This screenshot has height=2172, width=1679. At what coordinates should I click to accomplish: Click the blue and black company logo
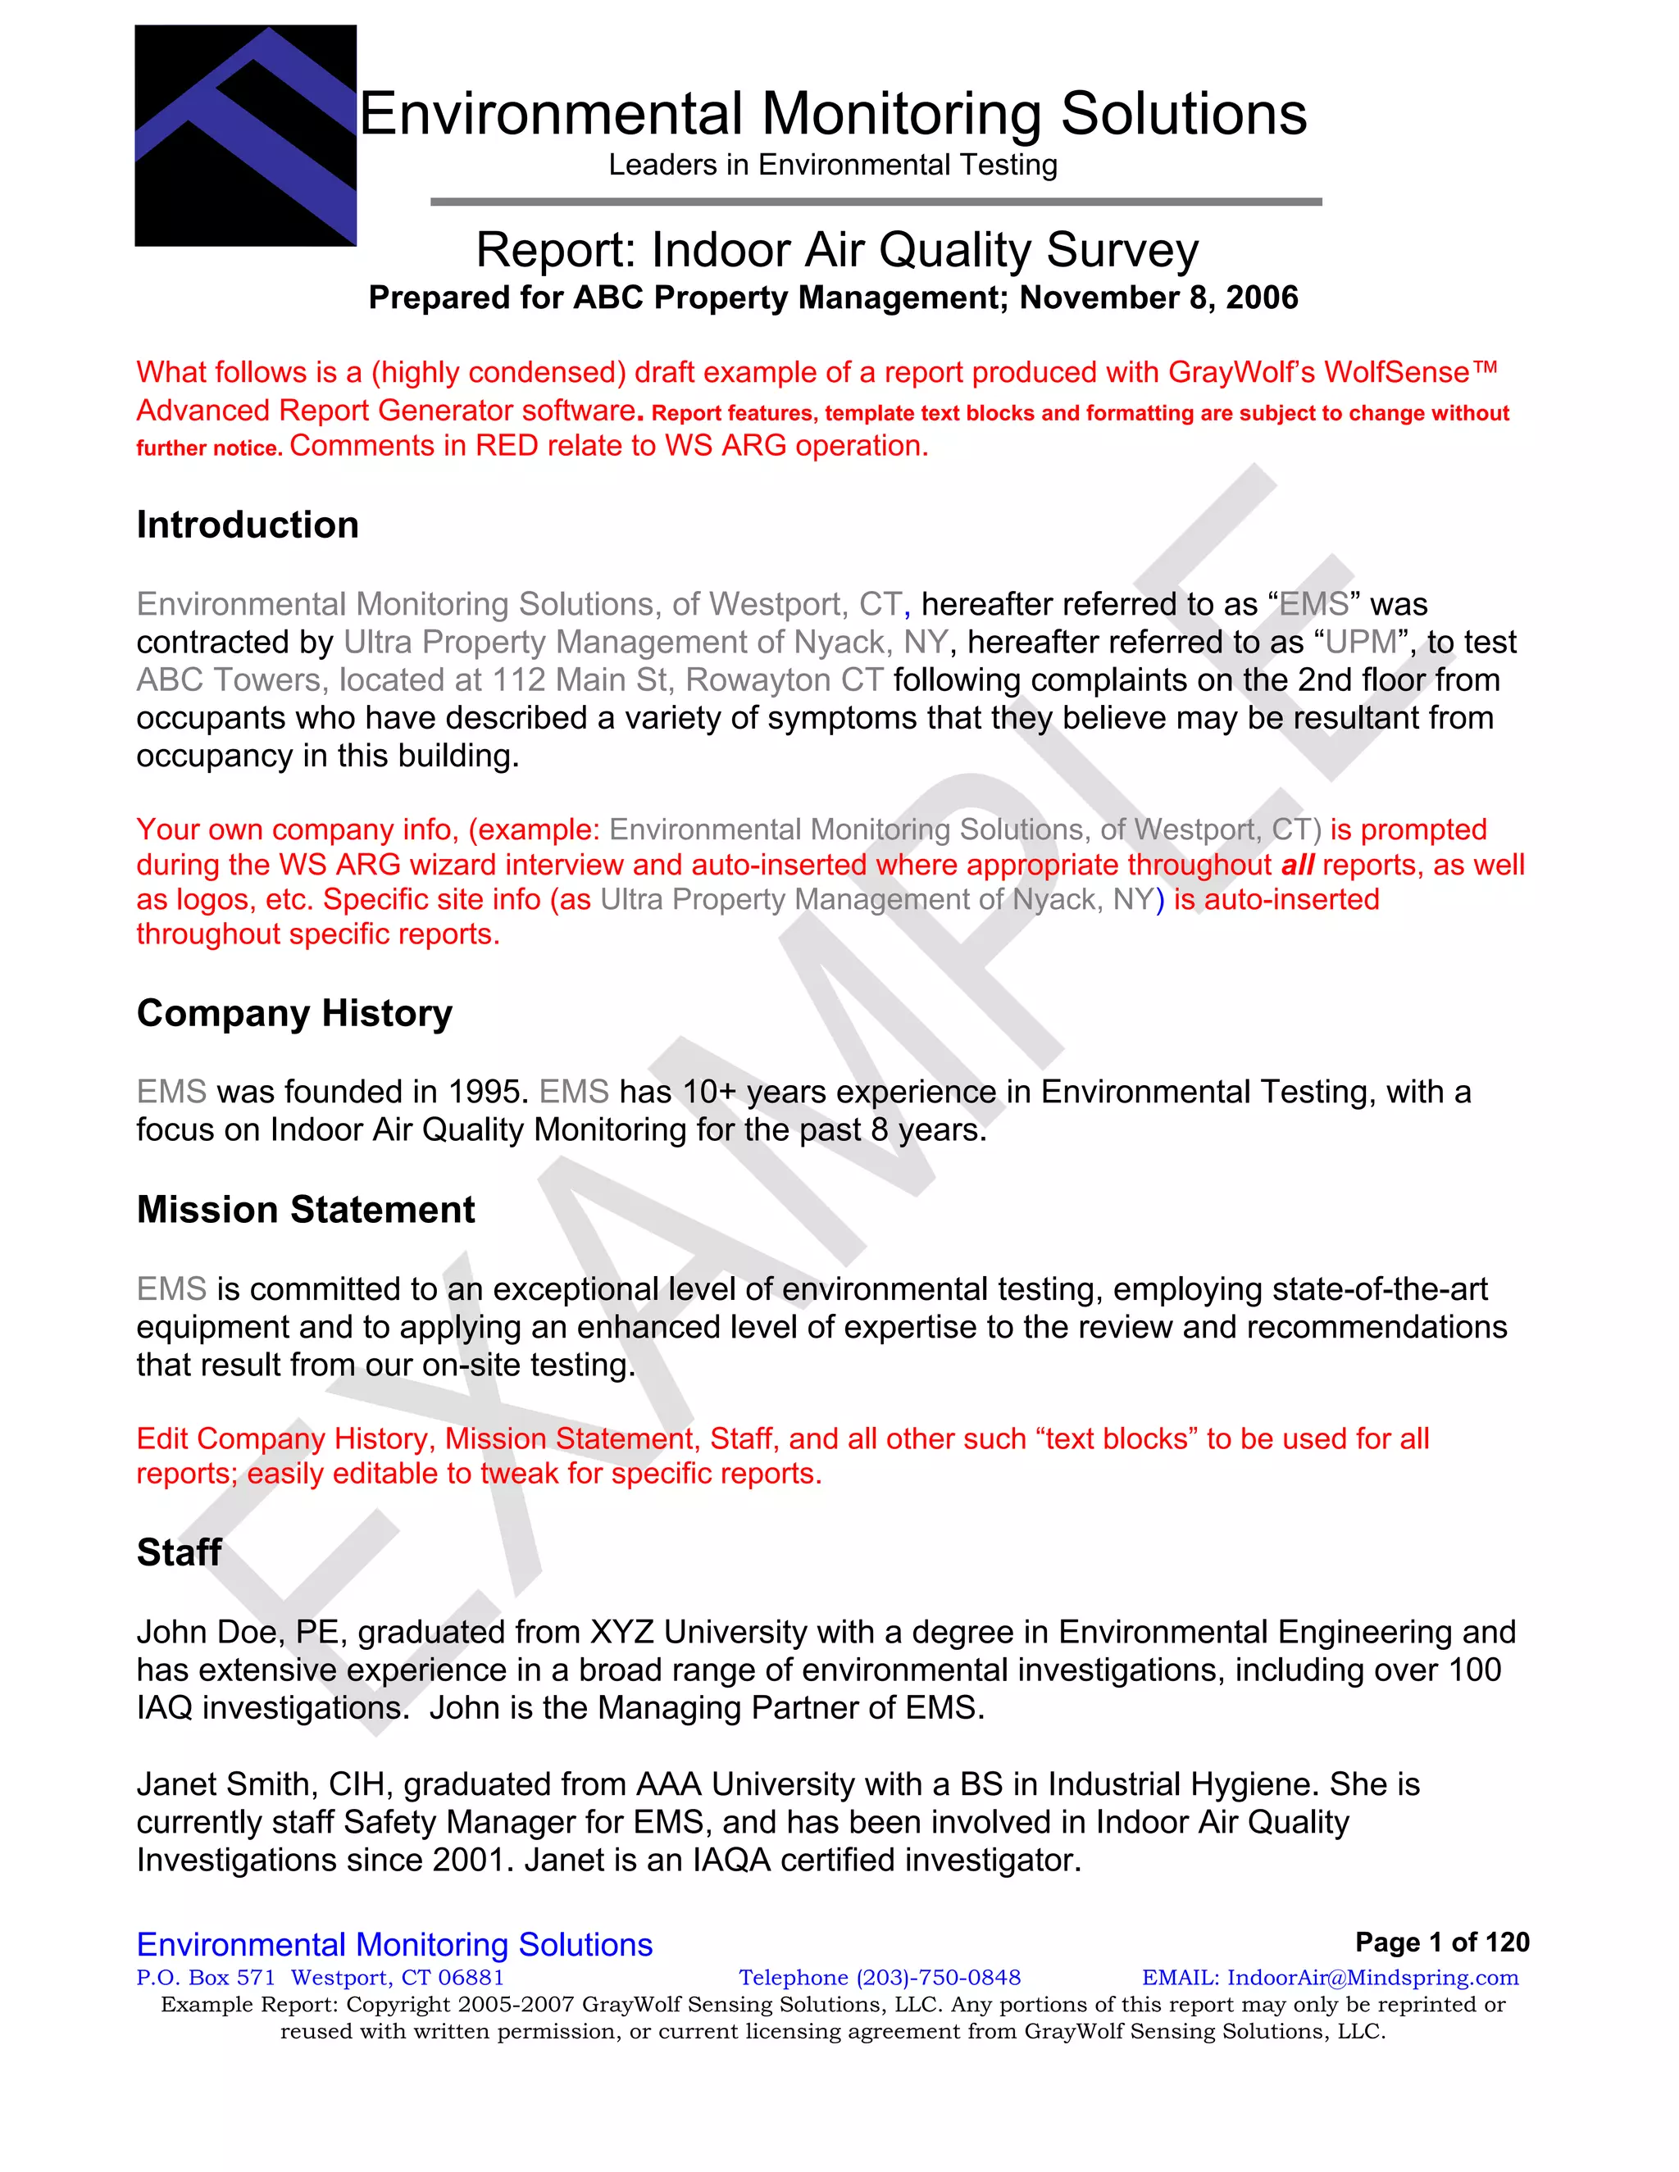pyautogui.click(x=246, y=135)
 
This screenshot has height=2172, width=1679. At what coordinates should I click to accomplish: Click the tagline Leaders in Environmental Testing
pyautogui.click(x=833, y=165)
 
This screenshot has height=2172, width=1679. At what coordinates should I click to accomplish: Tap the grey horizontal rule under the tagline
pyautogui.click(x=876, y=202)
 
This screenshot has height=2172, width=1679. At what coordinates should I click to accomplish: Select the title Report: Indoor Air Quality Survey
pyautogui.click(x=836, y=250)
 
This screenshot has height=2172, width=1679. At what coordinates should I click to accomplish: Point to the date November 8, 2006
pyautogui.click(x=1158, y=298)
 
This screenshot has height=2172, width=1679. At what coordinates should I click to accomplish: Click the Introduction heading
pyautogui.click(x=248, y=525)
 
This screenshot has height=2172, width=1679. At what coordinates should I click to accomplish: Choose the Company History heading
pyautogui.click(x=294, y=1013)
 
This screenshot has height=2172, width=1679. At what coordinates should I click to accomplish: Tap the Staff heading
pyautogui.click(x=179, y=1552)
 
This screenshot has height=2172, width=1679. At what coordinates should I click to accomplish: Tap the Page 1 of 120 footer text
pyautogui.click(x=1441, y=1943)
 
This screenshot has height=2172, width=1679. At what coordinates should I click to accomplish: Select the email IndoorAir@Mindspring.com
pyautogui.click(x=1372, y=1977)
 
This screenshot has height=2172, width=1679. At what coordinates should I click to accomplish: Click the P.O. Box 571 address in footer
pyautogui.click(x=205, y=1977)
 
